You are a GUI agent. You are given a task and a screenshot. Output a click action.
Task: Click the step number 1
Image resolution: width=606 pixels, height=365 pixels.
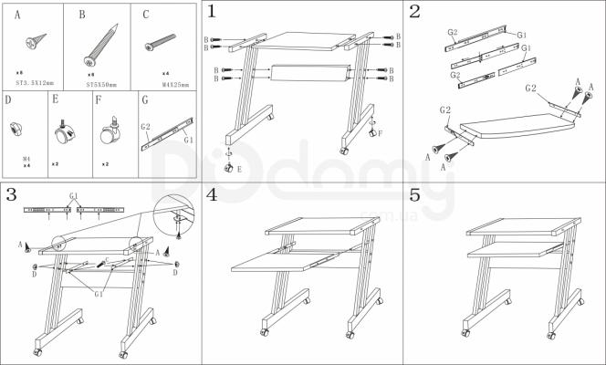212,12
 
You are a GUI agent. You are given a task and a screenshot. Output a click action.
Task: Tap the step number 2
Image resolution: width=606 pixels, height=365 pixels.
415,12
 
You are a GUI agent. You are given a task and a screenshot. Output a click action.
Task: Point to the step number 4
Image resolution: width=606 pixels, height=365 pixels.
212,194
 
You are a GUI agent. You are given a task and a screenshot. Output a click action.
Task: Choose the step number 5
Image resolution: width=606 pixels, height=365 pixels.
415,194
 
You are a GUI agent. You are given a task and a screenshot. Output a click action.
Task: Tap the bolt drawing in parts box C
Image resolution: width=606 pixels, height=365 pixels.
160,41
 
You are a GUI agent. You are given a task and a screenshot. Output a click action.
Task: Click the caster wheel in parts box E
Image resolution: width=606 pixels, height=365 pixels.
66,135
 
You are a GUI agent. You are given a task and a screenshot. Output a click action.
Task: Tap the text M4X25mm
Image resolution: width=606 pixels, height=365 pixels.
174,83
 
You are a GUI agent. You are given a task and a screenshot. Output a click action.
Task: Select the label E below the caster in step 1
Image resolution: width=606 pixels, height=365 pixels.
239,169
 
